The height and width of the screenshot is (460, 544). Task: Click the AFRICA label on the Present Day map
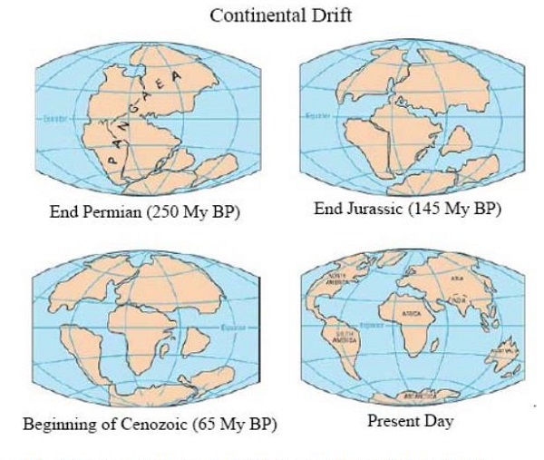point(407,313)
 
